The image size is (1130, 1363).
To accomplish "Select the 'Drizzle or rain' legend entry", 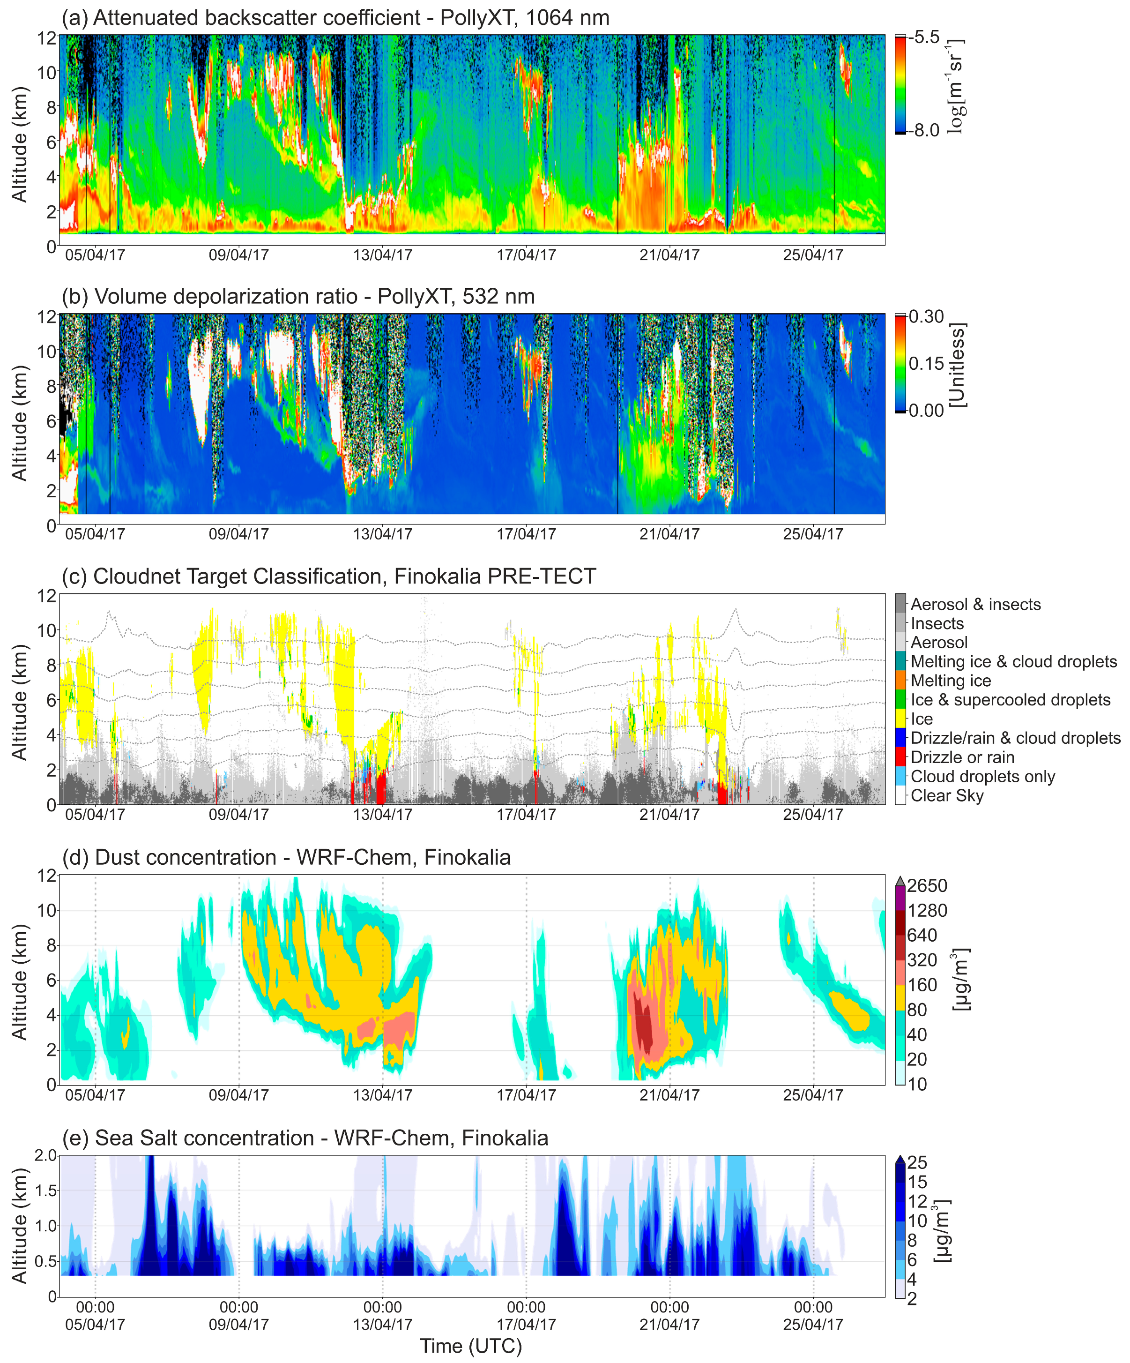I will point(962,757).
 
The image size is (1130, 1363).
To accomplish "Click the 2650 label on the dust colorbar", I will point(927,885).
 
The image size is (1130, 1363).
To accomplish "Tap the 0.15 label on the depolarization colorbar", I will point(926,363).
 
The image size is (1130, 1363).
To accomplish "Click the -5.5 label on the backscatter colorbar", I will point(924,37).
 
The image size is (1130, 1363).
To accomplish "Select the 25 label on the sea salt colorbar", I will point(916,1162).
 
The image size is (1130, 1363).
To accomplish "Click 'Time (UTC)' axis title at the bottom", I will point(470,1346).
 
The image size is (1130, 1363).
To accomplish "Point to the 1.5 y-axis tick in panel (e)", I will point(45,1191).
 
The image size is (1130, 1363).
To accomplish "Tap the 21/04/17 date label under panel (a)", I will point(669,255).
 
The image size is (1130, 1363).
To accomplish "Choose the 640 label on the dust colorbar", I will point(922,935).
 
